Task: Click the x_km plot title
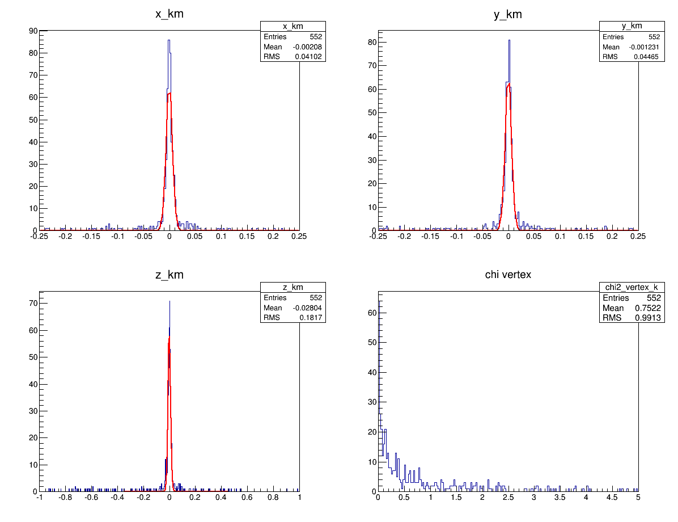pyautogui.click(x=169, y=15)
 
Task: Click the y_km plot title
pyautogui.click(x=508, y=15)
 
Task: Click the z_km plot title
pyautogui.click(x=169, y=275)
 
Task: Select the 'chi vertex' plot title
pyautogui.click(x=508, y=275)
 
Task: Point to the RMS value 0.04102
pyautogui.click(x=308, y=57)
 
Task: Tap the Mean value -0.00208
pyautogui.click(x=307, y=47)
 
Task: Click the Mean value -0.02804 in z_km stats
pyautogui.click(x=307, y=308)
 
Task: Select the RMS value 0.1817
pyautogui.click(x=311, y=318)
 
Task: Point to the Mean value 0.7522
pyautogui.click(x=648, y=308)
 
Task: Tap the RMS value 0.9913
pyautogui.click(x=648, y=318)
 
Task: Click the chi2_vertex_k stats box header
pyautogui.click(x=631, y=288)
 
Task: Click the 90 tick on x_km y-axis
pyautogui.click(x=33, y=31)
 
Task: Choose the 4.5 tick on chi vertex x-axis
pyautogui.click(x=612, y=498)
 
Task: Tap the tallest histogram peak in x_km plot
pyautogui.click(x=169, y=40)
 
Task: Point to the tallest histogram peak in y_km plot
pyautogui.click(x=509, y=40)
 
